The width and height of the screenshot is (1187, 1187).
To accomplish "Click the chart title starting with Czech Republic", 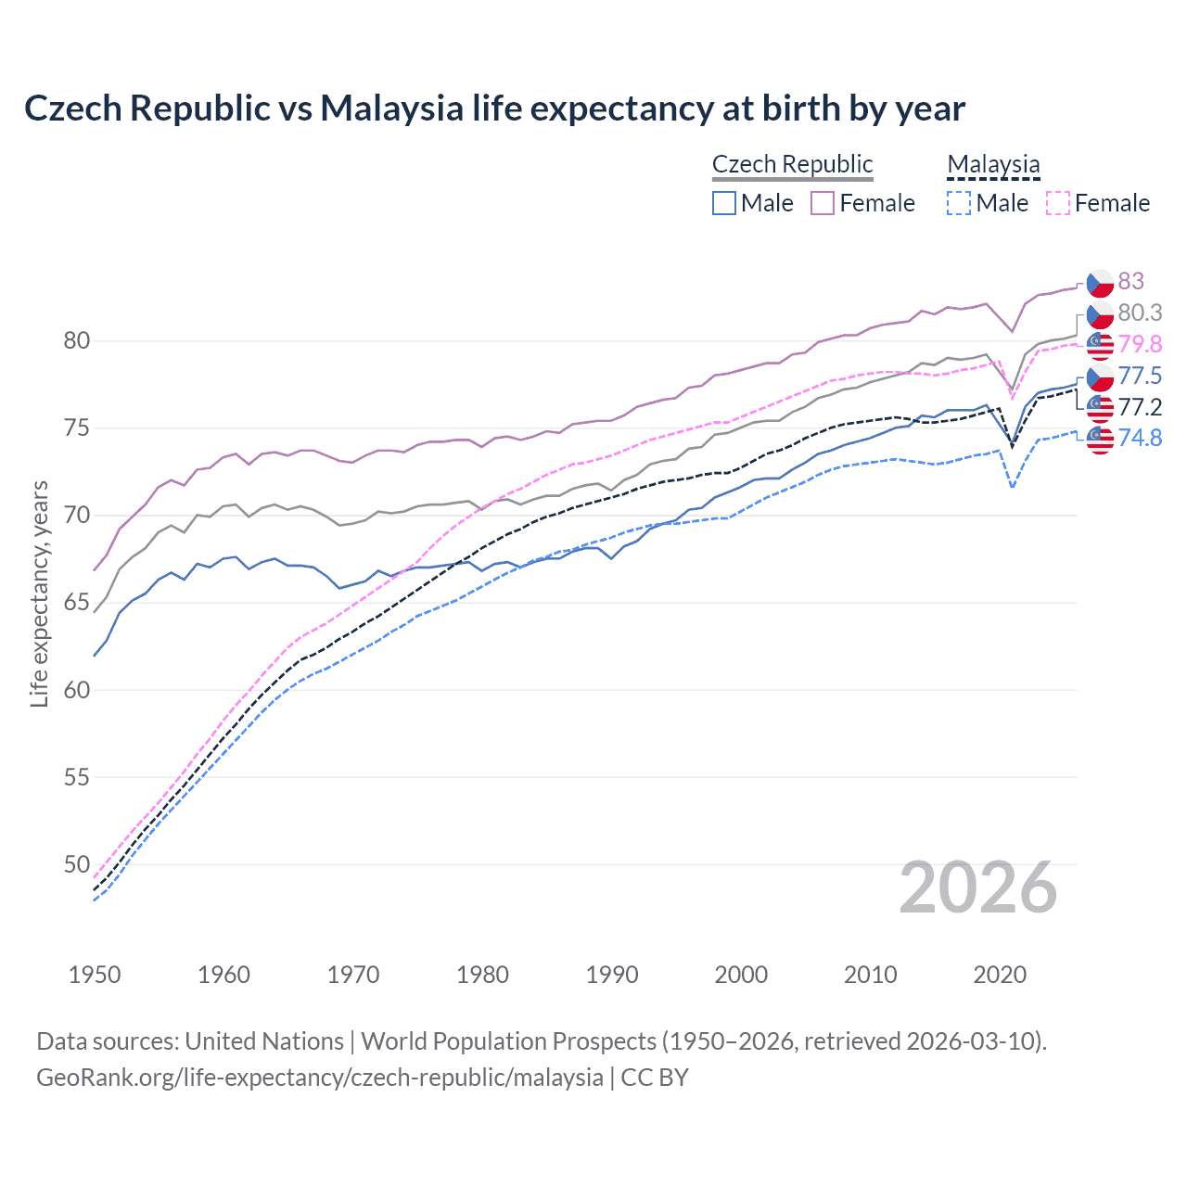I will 494,108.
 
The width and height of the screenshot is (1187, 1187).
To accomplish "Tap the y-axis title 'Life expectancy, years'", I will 39,593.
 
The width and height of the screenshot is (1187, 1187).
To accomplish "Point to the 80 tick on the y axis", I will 77,340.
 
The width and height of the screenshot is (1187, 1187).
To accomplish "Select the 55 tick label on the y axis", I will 77,777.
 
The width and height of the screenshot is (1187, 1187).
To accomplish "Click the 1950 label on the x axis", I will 95,975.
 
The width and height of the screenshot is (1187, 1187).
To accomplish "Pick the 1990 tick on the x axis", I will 612,975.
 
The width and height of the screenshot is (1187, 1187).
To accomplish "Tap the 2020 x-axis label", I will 1000,975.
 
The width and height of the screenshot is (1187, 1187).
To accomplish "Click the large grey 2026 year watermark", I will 978,888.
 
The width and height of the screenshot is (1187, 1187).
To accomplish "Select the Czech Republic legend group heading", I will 792,164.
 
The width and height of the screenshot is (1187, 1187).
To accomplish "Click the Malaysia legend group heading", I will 993,164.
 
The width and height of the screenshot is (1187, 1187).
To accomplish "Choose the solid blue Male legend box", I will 724,203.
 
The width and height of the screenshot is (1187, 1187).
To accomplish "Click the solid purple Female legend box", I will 823,203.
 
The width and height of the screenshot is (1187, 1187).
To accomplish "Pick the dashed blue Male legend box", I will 959,203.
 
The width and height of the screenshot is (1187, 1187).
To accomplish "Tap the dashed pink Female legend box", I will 1057,203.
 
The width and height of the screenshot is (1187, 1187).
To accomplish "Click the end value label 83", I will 1130,281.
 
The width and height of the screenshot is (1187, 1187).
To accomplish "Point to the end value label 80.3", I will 1140,313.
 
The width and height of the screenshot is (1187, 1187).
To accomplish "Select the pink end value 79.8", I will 1140,344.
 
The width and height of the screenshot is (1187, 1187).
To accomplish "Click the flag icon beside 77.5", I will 1100,377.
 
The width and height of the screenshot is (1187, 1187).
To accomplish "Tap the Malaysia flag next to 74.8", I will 1100,439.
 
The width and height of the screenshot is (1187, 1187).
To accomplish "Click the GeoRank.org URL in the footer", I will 320,1078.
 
